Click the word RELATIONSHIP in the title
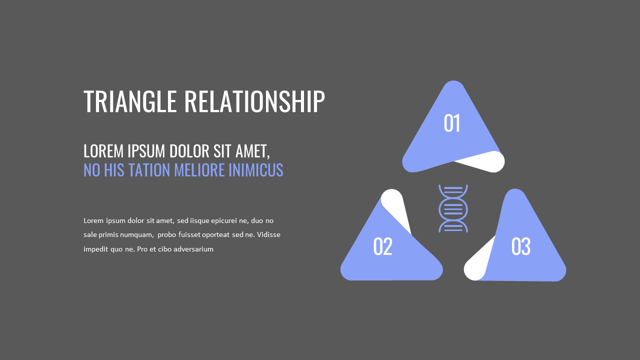254,101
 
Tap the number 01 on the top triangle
452,123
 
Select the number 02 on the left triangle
382,246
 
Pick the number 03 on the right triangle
520,246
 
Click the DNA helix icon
453,208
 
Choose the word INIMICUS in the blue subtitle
255,170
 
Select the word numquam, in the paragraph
136,234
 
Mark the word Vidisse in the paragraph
268,234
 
